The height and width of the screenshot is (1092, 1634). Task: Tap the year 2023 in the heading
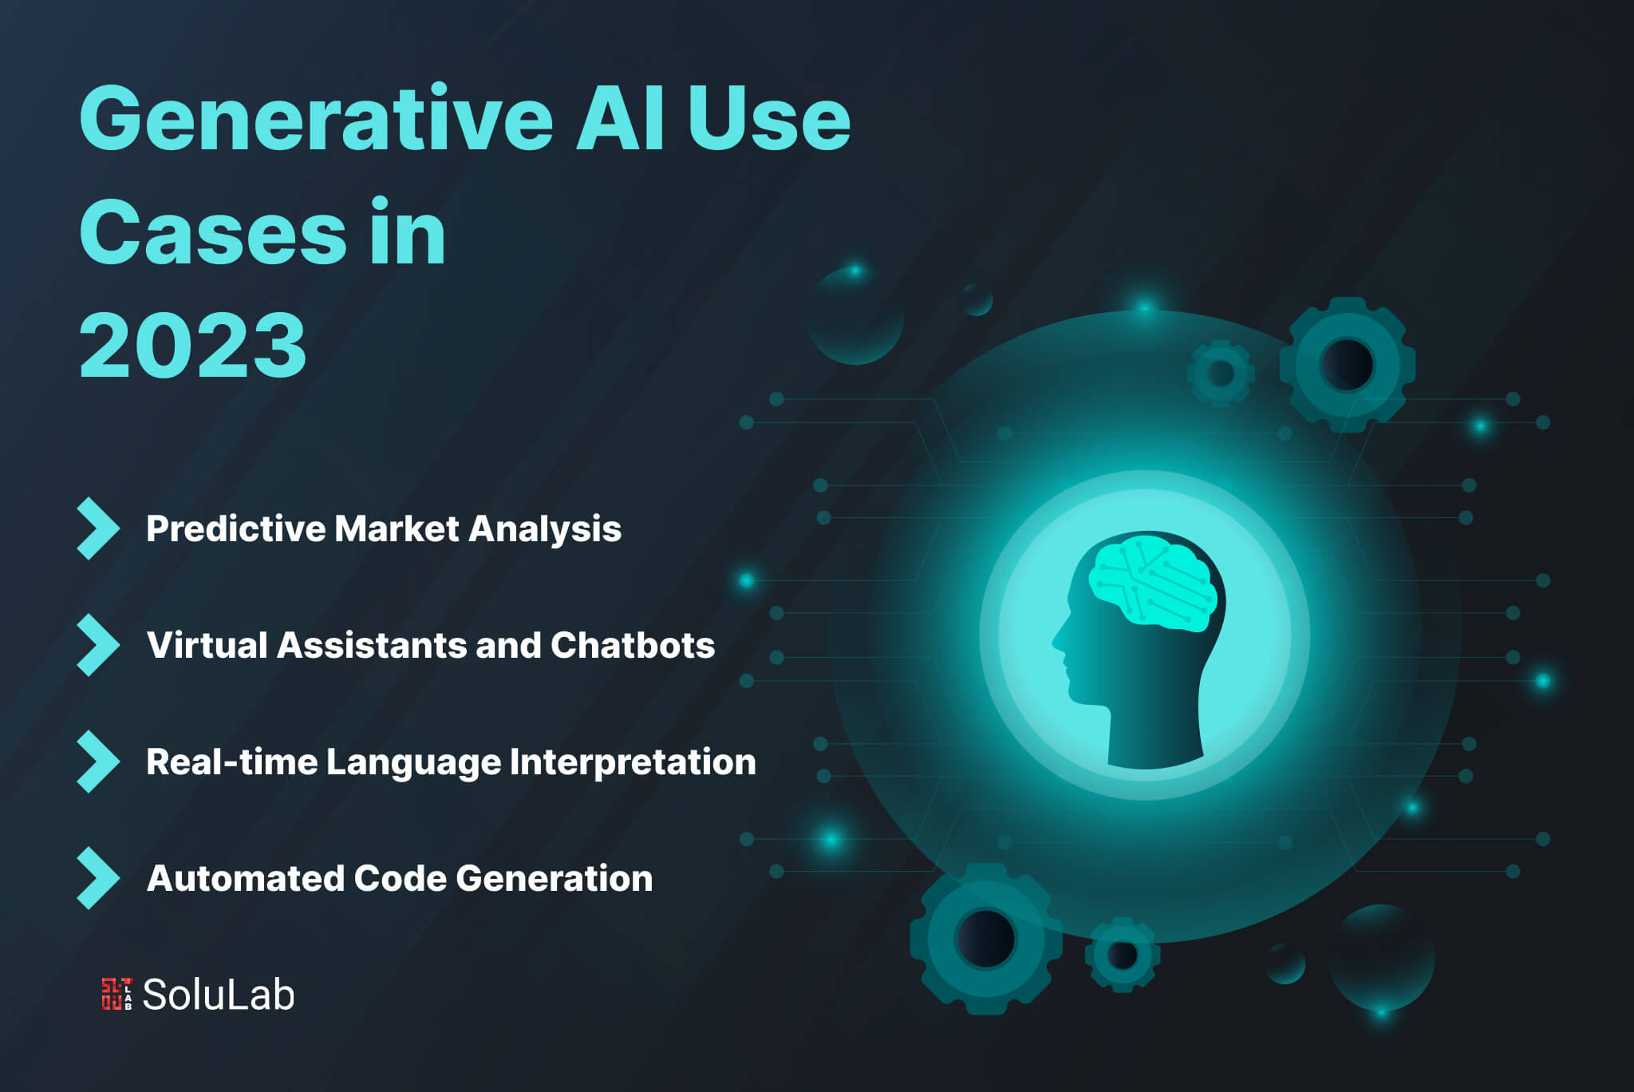pos(193,345)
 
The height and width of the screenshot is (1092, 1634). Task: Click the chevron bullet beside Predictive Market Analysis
pos(98,528)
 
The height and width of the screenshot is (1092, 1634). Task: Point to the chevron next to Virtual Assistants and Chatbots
pos(98,645)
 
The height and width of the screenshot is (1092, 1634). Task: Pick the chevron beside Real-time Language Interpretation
pos(98,762)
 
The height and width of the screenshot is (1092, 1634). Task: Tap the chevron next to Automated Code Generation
pos(98,878)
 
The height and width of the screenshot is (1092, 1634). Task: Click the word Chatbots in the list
pos(633,645)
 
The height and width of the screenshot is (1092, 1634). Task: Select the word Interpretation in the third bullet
pos(633,762)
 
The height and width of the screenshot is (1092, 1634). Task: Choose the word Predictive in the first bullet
pos(236,528)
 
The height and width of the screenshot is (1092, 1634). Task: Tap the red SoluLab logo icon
pos(116,994)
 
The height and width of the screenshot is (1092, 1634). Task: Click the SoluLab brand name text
pos(219,995)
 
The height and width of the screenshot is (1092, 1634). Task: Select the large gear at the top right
pos(1348,365)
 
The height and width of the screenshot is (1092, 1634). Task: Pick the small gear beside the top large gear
pos(1221,373)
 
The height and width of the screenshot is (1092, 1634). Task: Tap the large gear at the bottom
pos(986,939)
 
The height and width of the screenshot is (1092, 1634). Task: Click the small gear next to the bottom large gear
pos(1123,955)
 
